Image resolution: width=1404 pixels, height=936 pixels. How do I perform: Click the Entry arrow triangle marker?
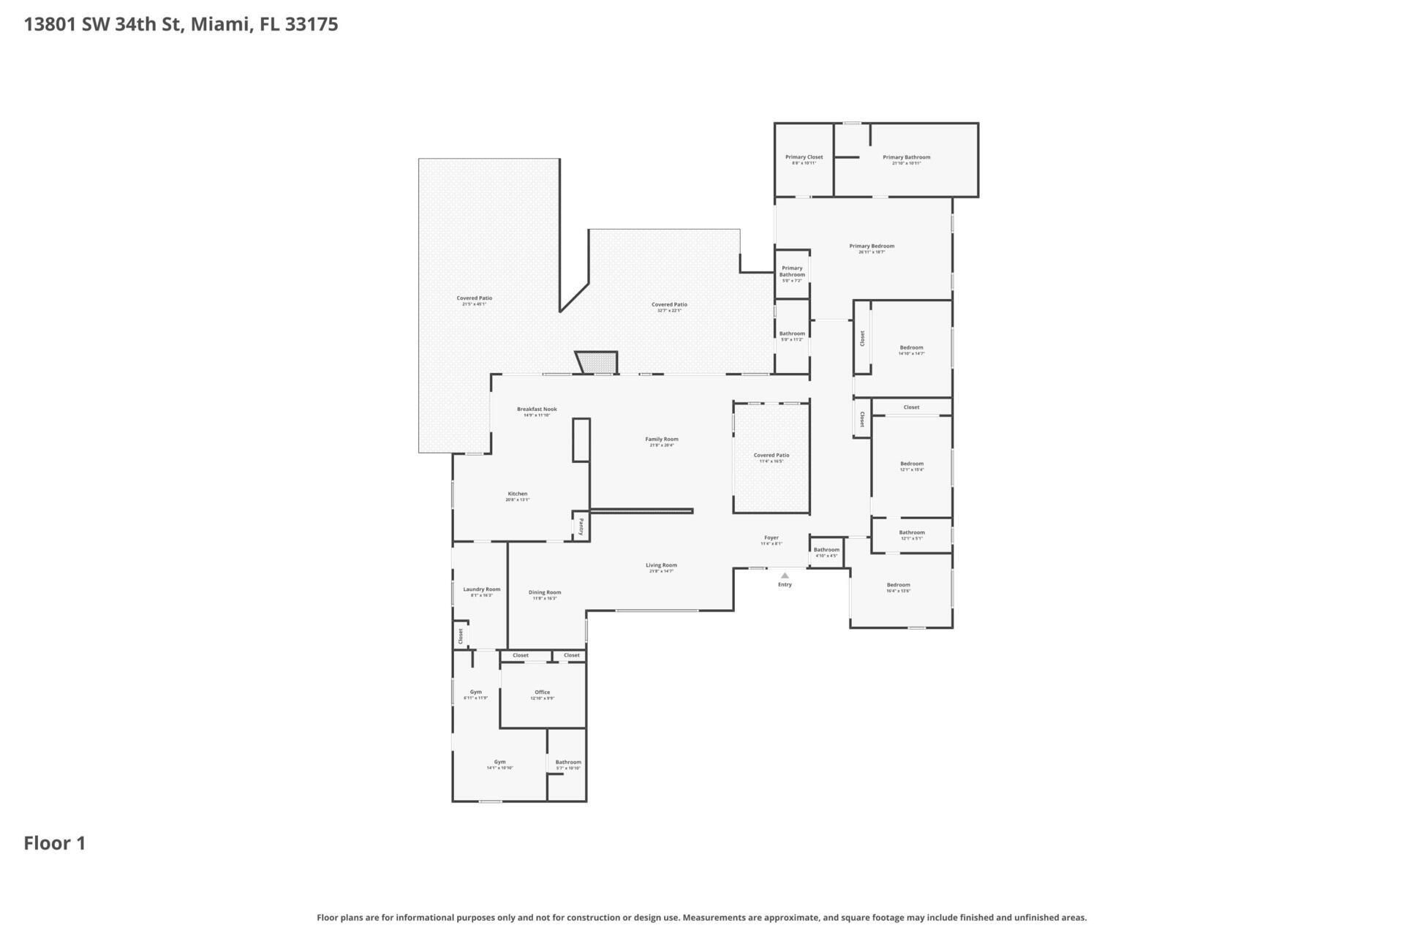point(785,575)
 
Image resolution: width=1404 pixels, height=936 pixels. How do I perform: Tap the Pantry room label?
point(581,526)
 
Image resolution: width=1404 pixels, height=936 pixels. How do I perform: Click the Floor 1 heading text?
point(55,843)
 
